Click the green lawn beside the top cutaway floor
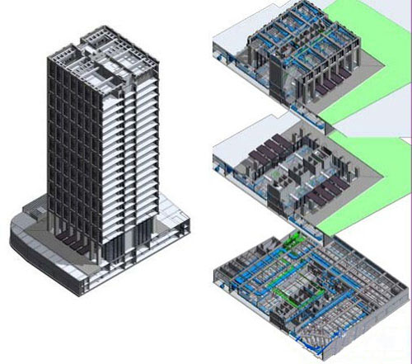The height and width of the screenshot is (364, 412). (363, 74)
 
